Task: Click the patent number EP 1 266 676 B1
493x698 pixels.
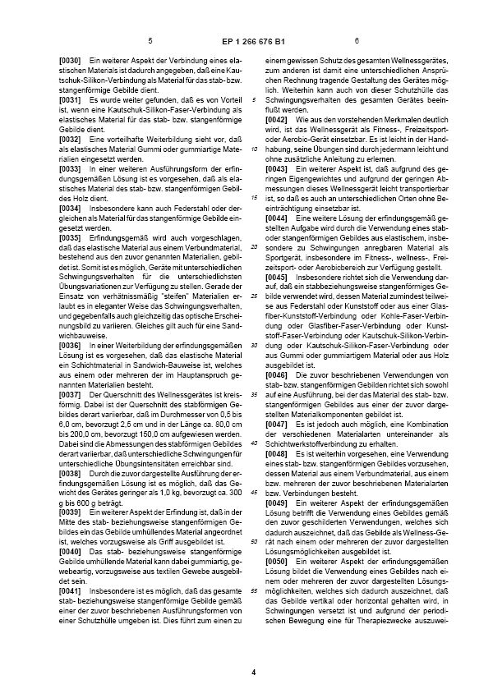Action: pyautogui.click(x=247, y=40)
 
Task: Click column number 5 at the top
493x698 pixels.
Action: pyautogui.click(x=150, y=40)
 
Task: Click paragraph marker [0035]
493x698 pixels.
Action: pyautogui.click(x=71, y=236)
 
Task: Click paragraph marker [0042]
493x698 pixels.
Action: pyautogui.click(x=278, y=120)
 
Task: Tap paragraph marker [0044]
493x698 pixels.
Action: pyautogui.click(x=278, y=218)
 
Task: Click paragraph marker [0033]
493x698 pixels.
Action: pyautogui.click(x=71, y=168)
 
